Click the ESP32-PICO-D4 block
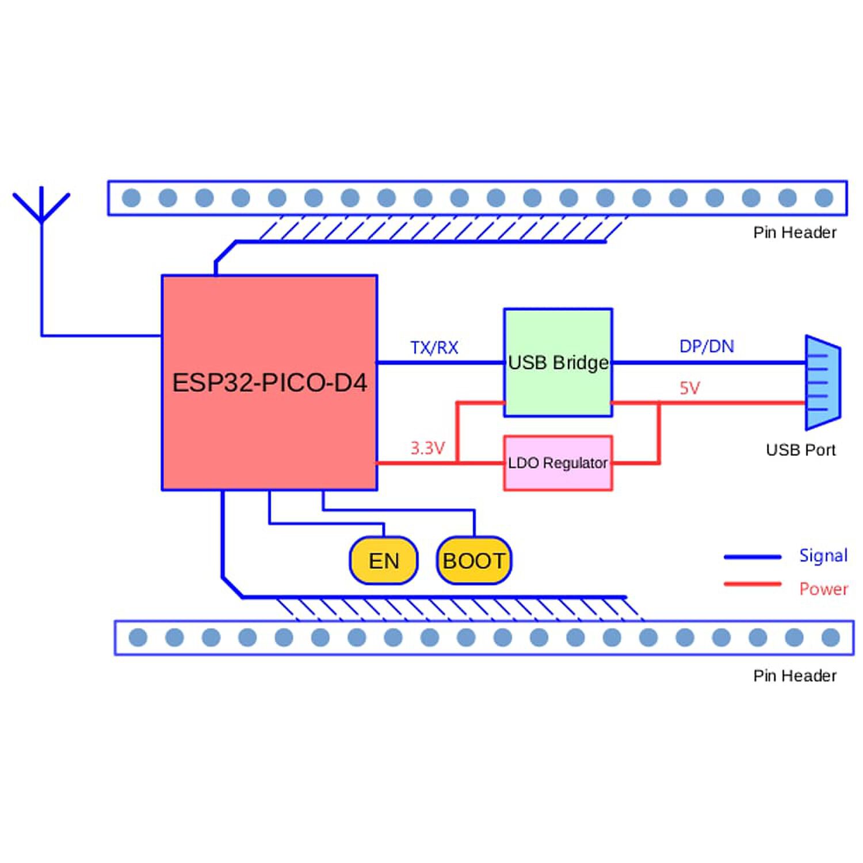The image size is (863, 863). (269, 383)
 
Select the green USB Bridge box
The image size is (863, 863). (557, 362)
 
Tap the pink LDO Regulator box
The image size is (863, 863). (557, 463)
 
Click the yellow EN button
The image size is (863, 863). (384, 560)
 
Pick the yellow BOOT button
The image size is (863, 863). (473, 560)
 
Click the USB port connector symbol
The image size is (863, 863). (823, 383)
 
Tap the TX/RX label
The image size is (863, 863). (434, 348)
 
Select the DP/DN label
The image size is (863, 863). (707, 346)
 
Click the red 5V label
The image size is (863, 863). (690, 388)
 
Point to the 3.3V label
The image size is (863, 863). (427, 448)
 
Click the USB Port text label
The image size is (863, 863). (800, 450)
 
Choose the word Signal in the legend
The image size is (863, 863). (823, 556)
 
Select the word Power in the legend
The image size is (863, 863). (823, 589)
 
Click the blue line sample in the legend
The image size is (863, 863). (753, 557)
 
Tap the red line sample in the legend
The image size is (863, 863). (753, 585)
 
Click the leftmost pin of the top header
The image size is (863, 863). (131, 198)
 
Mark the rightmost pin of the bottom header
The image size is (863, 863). (831, 637)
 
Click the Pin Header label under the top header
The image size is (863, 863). (795, 232)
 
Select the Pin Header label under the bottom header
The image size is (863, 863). (795, 675)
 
